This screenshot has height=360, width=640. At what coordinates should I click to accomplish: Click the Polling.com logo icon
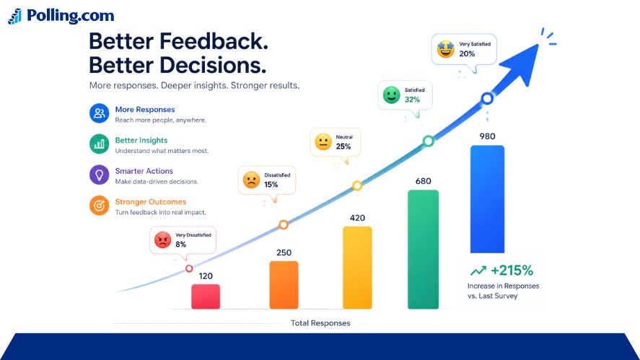(15, 17)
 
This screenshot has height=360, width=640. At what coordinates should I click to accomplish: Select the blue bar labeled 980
(487, 199)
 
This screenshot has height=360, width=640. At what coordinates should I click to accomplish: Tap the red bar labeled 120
(206, 297)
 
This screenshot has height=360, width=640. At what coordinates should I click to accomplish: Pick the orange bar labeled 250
(284, 285)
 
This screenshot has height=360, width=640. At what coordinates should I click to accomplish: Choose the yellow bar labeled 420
(357, 268)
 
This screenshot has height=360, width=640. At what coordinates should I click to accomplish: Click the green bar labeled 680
(424, 250)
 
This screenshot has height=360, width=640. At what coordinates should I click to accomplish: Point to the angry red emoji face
(162, 240)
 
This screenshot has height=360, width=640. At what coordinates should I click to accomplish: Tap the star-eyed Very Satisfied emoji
(446, 49)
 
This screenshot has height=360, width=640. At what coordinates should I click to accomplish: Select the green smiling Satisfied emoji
(391, 95)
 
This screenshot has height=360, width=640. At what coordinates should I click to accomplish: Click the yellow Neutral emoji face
(323, 142)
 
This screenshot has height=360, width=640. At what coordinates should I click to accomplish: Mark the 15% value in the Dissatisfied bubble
(271, 185)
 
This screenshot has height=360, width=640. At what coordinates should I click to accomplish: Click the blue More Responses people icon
(99, 113)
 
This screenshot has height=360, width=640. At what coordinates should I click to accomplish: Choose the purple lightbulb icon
(99, 175)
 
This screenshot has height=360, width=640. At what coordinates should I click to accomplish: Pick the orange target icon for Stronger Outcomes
(99, 206)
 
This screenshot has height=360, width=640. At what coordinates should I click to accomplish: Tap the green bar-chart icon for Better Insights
(99, 144)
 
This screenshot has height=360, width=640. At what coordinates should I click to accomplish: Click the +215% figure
(512, 271)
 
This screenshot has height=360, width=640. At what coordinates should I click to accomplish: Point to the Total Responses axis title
(320, 323)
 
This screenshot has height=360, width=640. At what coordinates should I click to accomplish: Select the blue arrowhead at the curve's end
(522, 64)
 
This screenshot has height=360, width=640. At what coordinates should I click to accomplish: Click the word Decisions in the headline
(212, 66)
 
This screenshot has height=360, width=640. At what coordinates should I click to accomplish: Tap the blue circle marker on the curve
(487, 98)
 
